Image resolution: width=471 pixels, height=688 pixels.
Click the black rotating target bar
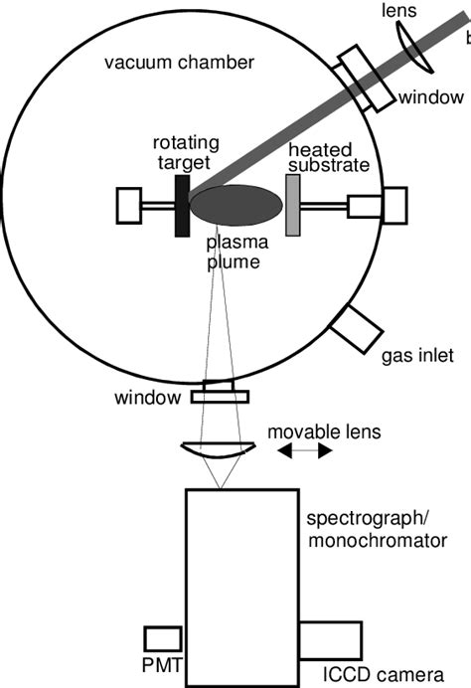pos(182,206)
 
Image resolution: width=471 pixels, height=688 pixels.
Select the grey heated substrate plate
pos(293,206)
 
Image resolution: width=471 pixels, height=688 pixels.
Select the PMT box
pos(162,639)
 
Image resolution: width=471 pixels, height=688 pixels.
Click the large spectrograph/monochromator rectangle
pos(241,587)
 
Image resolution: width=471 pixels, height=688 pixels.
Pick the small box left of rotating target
pos(132,206)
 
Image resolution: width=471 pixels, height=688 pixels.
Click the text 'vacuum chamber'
pos(180,63)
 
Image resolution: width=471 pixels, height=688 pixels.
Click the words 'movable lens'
pos(323,432)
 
